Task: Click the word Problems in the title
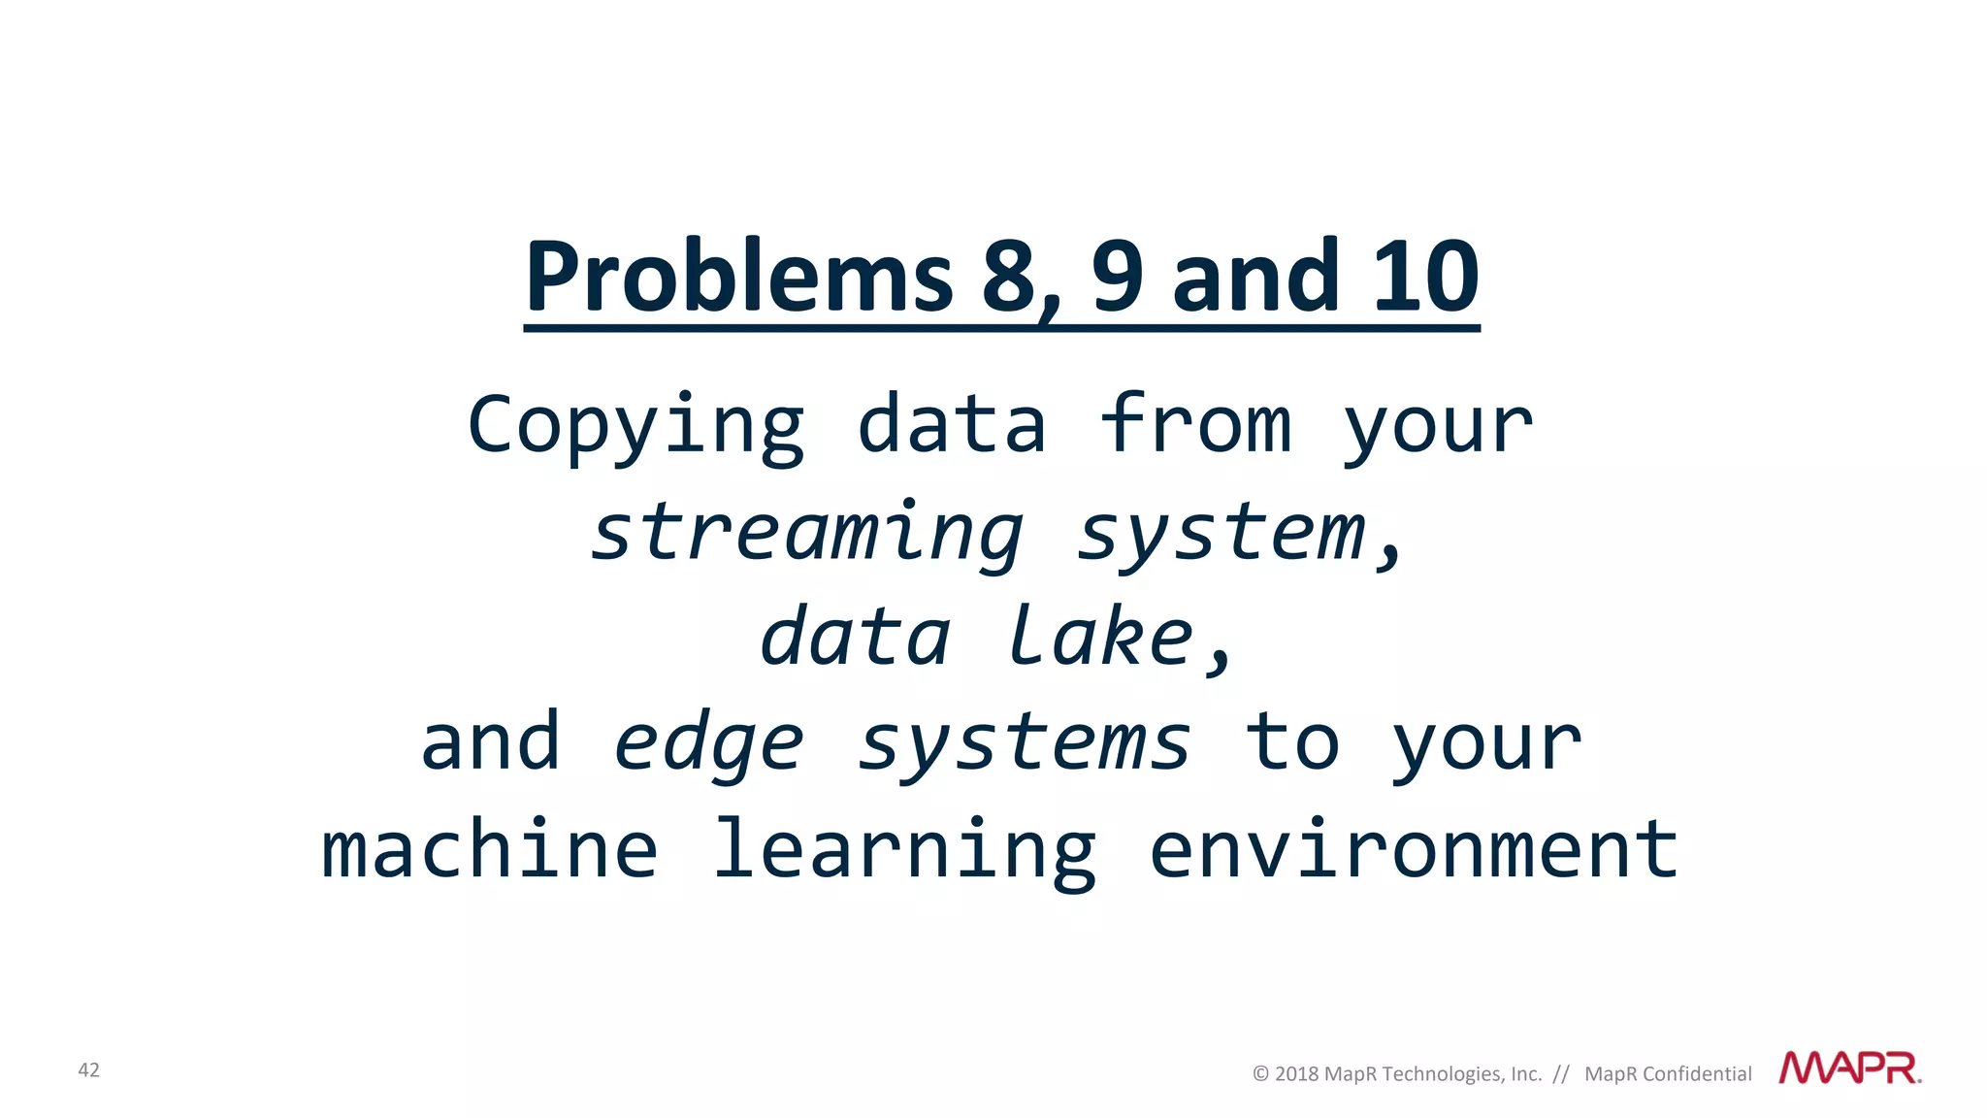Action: click(738, 279)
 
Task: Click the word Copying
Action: click(635, 427)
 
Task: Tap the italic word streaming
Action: click(807, 533)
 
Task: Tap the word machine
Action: click(490, 849)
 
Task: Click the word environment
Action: click(1414, 849)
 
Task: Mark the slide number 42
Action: click(88, 1070)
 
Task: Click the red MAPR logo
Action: click(1849, 1069)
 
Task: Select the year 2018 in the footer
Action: click(1296, 1074)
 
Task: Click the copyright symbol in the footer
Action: click(1260, 1074)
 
